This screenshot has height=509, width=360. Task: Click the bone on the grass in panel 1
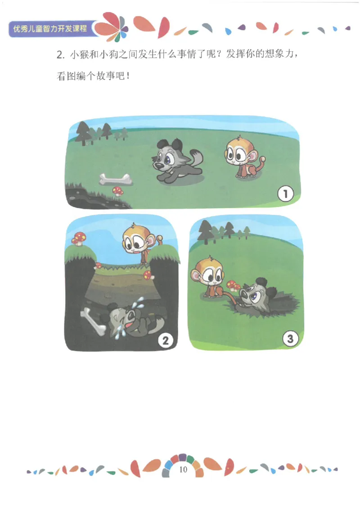(116, 179)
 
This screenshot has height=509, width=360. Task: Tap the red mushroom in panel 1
(118, 191)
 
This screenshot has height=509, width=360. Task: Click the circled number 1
(285, 194)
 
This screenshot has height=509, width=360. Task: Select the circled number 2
(166, 341)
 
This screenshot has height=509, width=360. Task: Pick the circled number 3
(290, 338)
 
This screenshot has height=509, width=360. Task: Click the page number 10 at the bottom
(183, 469)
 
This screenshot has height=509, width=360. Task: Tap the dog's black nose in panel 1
(158, 166)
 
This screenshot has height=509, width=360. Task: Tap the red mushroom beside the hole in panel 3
(233, 285)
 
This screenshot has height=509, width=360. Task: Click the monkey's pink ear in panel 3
(196, 275)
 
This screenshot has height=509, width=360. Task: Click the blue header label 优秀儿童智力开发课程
(50, 28)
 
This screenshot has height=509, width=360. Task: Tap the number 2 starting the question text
(59, 54)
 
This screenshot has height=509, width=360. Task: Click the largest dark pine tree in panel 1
(83, 133)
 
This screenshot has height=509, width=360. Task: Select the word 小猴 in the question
(79, 54)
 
